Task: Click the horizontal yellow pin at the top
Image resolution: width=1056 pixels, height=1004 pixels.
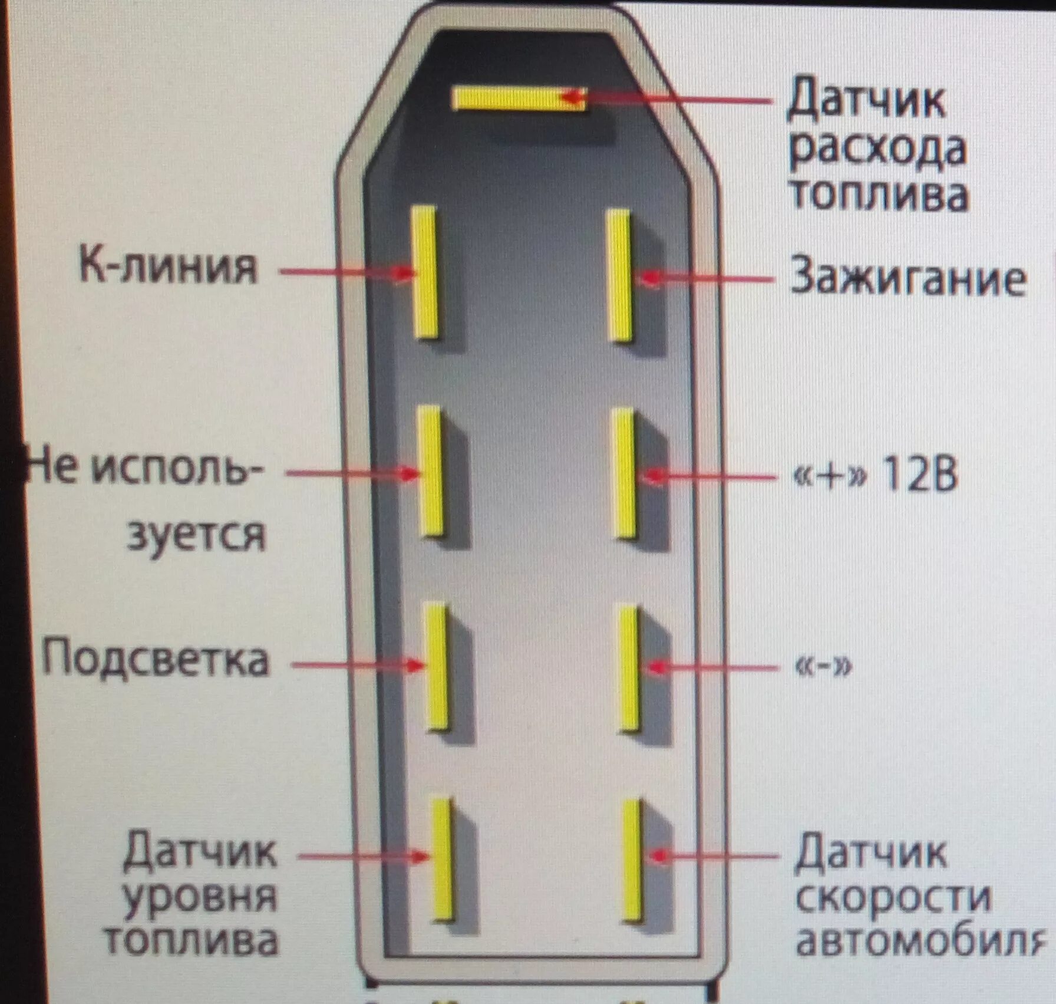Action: (x=519, y=98)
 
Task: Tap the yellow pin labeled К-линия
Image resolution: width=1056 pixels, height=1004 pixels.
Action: (x=425, y=272)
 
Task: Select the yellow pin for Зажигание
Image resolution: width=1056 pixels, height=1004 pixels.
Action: (x=619, y=275)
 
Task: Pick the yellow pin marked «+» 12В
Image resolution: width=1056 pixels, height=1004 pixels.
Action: (x=624, y=473)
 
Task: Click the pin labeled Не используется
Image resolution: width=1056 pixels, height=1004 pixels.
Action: (x=431, y=471)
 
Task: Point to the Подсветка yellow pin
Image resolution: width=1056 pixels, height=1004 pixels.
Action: (x=437, y=666)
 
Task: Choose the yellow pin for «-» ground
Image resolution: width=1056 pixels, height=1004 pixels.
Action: (x=628, y=668)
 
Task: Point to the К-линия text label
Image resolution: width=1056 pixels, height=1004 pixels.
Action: (x=169, y=267)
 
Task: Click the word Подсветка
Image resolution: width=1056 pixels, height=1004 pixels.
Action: (x=156, y=659)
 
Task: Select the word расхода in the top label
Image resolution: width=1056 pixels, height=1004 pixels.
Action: (x=877, y=150)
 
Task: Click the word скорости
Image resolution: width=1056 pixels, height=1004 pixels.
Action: (x=892, y=898)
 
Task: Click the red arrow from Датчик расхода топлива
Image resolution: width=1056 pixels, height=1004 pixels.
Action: (x=666, y=100)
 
